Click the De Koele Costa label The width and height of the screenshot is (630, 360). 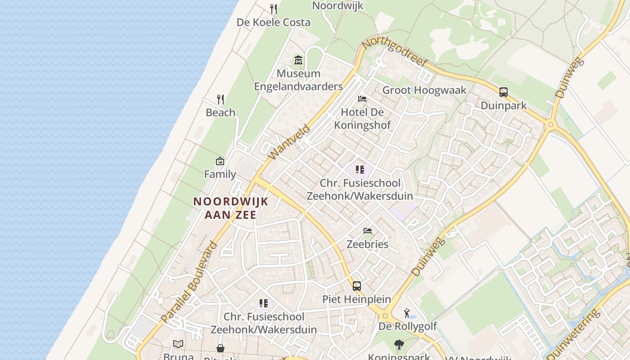click(x=274, y=22)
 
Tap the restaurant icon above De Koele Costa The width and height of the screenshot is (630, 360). click(x=274, y=9)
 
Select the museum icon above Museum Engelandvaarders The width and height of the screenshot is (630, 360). click(x=298, y=60)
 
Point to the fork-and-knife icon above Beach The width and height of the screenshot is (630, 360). click(x=220, y=99)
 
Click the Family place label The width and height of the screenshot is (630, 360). click(x=220, y=174)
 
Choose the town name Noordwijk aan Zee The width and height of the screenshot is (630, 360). click(x=231, y=208)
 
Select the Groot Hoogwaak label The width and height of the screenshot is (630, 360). click(x=424, y=90)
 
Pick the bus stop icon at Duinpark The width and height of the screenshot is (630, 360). click(x=504, y=92)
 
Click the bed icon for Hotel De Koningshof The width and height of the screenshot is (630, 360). click(x=362, y=99)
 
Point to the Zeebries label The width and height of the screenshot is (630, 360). click(x=368, y=244)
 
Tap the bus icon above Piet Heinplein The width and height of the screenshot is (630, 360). click(x=357, y=286)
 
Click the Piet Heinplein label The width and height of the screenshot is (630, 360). click(x=356, y=299)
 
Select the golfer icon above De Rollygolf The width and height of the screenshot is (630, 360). click(x=407, y=313)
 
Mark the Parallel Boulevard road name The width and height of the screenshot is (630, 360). click(x=189, y=282)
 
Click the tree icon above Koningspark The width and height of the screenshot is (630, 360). click(x=399, y=345)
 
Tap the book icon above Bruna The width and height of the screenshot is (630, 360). click(x=178, y=344)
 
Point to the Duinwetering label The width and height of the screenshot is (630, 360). click(x=573, y=333)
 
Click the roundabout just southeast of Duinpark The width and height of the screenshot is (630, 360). click(x=551, y=125)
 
